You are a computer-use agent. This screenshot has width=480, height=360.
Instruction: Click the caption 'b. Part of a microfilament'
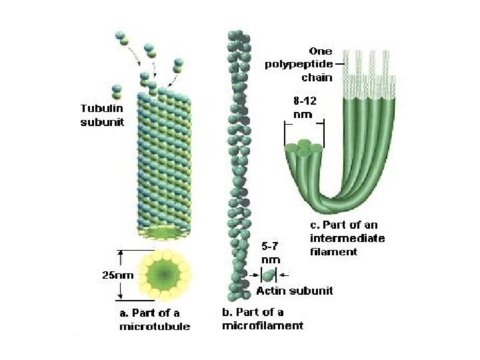pyautogui.click(x=262, y=319)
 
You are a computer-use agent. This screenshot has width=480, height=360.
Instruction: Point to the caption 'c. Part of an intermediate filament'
pyautogui.click(x=347, y=239)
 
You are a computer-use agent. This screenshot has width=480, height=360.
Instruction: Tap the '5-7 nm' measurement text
pyautogui.click(x=269, y=253)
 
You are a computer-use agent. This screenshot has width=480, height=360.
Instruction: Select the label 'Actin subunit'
pyautogui.click(x=295, y=291)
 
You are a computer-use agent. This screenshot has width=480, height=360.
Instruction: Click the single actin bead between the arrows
pyautogui.click(x=269, y=274)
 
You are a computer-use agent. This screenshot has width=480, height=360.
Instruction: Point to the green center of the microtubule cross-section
pyautogui.click(x=163, y=275)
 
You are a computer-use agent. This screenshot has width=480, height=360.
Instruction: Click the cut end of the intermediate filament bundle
pyautogui.click(x=304, y=149)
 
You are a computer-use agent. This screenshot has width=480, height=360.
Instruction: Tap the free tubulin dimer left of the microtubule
pyautogui.click(x=118, y=90)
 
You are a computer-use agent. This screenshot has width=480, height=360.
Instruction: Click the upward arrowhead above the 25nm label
pyautogui.click(x=121, y=252)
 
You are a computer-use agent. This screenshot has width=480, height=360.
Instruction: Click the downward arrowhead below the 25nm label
pyautogui.click(x=121, y=295)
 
